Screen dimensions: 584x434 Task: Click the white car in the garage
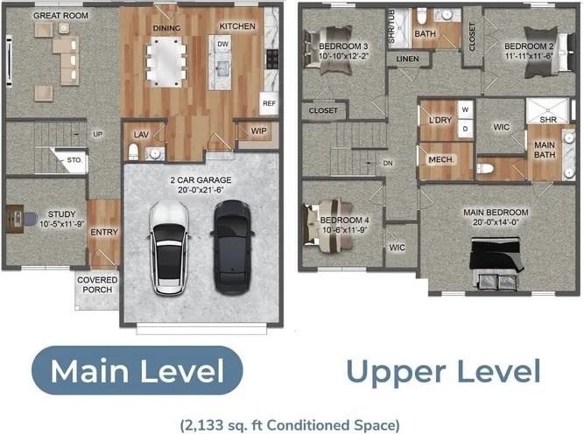click(x=170, y=248)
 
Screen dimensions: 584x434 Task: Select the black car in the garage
click(x=232, y=247)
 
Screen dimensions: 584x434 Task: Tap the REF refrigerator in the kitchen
click(x=269, y=103)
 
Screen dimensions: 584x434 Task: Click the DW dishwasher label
click(x=222, y=44)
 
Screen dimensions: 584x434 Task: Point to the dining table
click(x=166, y=61)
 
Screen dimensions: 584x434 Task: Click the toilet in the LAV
click(x=133, y=151)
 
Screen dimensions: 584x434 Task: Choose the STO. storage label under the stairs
click(x=74, y=159)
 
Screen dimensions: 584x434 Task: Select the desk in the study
click(x=15, y=219)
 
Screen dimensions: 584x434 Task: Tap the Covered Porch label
click(x=97, y=284)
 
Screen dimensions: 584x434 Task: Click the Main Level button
click(x=137, y=370)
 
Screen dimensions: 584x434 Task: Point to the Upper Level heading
click(x=443, y=372)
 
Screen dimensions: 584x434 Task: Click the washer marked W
click(x=465, y=109)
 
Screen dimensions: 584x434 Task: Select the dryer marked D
click(x=465, y=129)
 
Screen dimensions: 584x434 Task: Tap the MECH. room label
click(x=441, y=159)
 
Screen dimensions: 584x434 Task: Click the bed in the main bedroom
click(x=496, y=262)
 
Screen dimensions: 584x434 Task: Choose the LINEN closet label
click(x=407, y=59)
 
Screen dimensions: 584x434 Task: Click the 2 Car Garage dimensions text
click(x=201, y=190)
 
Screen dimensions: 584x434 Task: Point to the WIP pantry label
click(x=258, y=131)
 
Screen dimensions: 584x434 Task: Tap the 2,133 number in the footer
click(x=208, y=424)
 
